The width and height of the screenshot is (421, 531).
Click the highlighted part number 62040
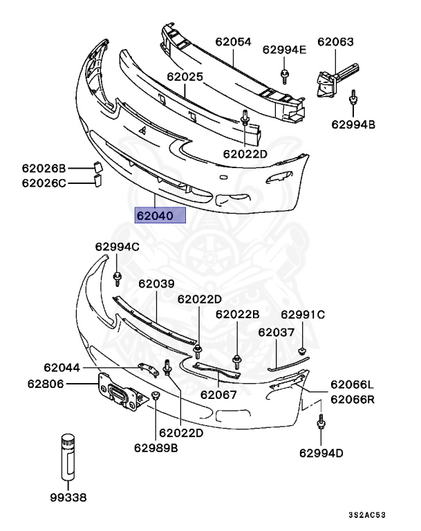[160, 215]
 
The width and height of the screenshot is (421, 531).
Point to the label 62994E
[284, 49]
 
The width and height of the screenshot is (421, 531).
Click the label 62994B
[353, 125]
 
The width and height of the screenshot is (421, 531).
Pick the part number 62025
[185, 77]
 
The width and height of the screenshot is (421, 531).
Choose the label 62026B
[44, 168]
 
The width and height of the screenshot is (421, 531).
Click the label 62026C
[44, 183]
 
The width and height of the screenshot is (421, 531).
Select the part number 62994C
[117, 247]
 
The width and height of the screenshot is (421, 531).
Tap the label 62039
[156, 283]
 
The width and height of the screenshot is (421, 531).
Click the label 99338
[68, 496]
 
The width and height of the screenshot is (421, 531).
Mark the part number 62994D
[321, 453]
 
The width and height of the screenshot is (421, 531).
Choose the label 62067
[218, 395]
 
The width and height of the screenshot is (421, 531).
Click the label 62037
[277, 333]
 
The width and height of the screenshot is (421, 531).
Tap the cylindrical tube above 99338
[68, 456]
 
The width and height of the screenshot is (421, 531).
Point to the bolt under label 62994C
[117, 278]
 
